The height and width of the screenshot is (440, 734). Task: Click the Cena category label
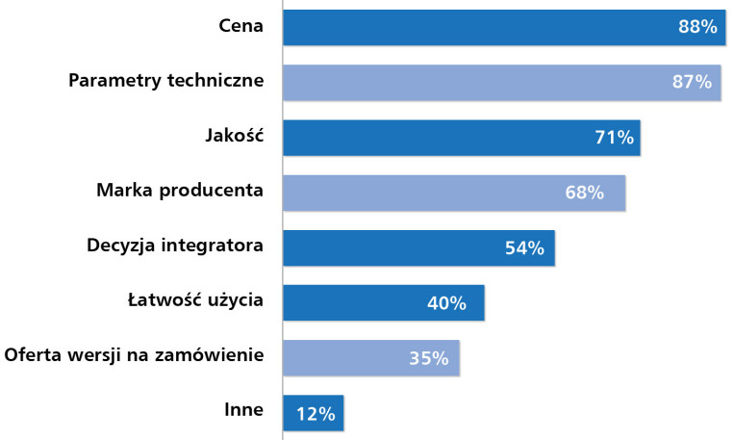(240, 25)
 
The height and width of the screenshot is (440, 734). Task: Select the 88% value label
(697, 27)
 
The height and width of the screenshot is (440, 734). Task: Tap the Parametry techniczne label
(166, 80)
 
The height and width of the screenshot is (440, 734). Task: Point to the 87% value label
(692, 82)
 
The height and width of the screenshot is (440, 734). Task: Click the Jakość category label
(235, 135)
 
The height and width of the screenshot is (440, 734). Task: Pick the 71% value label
(614, 138)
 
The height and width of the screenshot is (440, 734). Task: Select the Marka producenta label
(180, 191)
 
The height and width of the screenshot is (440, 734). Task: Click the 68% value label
(584, 193)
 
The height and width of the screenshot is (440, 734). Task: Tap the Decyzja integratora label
(175, 246)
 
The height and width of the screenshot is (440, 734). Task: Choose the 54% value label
(524, 247)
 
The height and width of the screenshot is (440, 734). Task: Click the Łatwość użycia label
(195, 299)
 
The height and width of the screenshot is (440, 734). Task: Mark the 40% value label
(446, 303)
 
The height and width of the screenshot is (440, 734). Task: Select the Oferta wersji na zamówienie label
(134, 354)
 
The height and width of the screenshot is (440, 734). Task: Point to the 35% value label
(429, 358)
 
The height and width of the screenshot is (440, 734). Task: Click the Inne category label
(243, 409)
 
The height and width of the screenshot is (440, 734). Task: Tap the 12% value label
(316, 414)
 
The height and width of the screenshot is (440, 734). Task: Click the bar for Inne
(314, 413)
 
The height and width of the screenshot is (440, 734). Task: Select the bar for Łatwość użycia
(384, 302)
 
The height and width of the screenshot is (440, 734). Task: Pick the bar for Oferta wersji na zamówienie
(371, 358)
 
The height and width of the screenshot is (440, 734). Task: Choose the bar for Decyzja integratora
(419, 247)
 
